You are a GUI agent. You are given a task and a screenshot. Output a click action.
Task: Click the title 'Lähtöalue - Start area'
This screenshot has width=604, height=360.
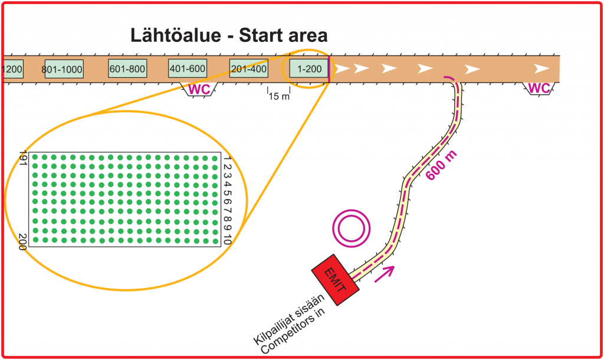(229, 35)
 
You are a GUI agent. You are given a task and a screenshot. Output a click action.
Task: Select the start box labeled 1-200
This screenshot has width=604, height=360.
(309, 68)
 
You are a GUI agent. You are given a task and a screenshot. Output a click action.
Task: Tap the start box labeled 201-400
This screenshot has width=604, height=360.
(248, 68)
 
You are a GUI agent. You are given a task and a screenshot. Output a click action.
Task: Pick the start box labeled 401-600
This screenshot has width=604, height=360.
(188, 68)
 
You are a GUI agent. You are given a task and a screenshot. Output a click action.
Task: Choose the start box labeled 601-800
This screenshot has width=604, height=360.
(127, 68)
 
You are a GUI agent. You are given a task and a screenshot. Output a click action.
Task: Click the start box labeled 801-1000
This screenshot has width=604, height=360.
(64, 69)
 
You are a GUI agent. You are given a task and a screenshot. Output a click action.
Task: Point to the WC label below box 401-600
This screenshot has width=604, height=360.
(199, 90)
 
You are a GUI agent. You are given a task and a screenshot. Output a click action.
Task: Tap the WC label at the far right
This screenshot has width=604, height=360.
(539, 89)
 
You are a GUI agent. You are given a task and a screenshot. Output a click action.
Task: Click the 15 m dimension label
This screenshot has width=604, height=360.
(279, 96)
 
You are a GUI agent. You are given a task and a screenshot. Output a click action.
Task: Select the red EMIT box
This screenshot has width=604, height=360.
(336, 280)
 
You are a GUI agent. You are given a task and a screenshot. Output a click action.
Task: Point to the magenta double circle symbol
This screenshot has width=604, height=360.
(352, 228)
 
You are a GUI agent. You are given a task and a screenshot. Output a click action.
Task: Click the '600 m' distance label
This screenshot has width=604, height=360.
(441, 165)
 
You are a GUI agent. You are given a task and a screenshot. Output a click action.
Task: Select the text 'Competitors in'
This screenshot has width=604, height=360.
(293, 331)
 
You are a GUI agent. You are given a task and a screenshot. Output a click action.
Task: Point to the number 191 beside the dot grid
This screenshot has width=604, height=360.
(23, 158)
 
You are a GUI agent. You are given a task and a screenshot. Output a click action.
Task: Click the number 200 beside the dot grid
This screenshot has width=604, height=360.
(23, 242)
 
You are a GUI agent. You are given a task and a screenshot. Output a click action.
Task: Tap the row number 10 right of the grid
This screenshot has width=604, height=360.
(227, 240)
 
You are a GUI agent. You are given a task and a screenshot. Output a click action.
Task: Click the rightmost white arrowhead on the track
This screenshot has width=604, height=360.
(541, 69)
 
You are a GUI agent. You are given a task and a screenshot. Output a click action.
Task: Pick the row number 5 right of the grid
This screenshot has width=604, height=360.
(227, 193)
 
